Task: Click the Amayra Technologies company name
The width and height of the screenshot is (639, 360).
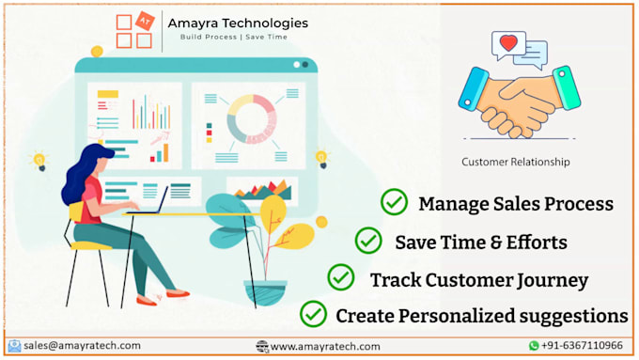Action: coord(238,23)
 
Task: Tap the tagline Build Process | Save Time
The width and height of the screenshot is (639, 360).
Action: coord(234,38)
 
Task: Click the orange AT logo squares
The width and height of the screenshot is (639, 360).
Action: coord(133,31)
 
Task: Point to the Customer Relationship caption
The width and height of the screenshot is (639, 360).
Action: coord(515,162)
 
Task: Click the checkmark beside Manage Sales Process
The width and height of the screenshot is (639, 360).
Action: coord(394,202)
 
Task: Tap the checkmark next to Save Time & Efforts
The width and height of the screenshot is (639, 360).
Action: coord(368,241)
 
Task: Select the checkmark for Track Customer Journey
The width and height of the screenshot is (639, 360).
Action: coord(340,278)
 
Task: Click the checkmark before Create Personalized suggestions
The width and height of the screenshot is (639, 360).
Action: coord(313,313)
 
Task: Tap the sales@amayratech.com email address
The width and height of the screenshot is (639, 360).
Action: coord(83,346)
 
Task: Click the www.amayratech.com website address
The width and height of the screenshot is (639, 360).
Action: coord(325,347)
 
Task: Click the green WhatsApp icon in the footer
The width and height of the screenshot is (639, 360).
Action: coord(534,346)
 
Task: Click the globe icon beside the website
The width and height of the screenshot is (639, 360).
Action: coord(262,347)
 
